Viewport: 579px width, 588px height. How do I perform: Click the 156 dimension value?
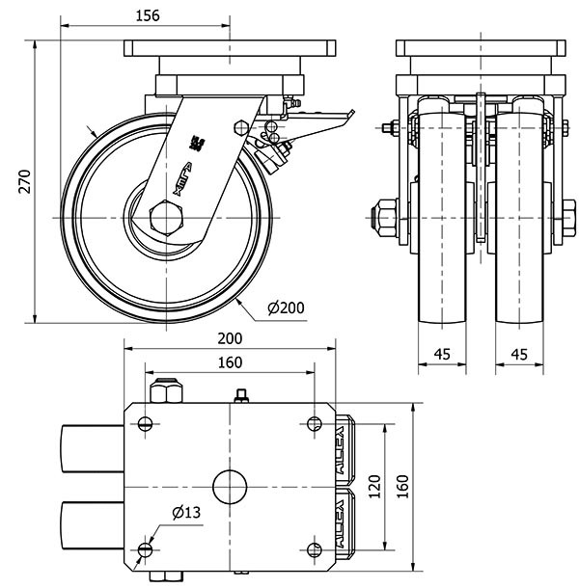pyautogui.click(x=146, y=14)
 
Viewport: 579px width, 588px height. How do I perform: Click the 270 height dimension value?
pyautogui.click(x=25, y=182)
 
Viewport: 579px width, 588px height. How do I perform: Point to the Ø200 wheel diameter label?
pyautogui.click(x=286, y=307)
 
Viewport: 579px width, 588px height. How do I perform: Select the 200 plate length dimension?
pyautogui.click(x=229, y=338)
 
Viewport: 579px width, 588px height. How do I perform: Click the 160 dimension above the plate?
pyautogui.click(x=229, y=362)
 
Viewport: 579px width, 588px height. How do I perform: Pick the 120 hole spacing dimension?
pyautogui.click(x=374, y=486)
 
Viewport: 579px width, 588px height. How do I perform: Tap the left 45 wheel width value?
pyautogui.click(x=442, y=354)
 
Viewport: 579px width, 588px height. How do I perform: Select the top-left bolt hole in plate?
pyautogui.click(x=145, y=423)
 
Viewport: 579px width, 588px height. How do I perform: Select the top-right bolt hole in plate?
pyautogui.click(x=315, y=423)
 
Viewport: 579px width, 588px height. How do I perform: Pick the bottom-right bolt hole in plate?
pyautogui.click(x=315, y=549)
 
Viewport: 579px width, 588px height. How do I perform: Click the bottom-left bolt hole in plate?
pyautogui.click(x=145, y=549)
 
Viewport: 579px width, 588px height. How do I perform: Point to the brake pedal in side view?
pyautogui.click(x=323, y=122)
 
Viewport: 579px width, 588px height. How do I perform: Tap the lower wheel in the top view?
pyautogui.click(x=93, y=524)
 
